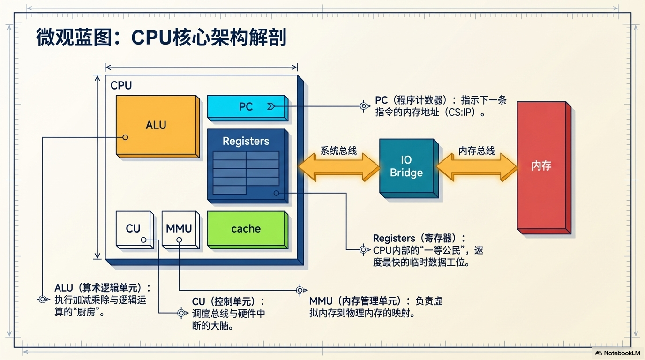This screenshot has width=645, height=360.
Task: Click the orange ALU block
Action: pyautogui.click(x=156, y=126)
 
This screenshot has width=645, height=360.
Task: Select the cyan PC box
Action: pyautogui.click(x=246, y=106)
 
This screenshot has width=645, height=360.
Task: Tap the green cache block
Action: pyautogui.click(x=246, y=229)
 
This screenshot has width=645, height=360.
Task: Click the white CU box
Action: pyautogui.click(x=133, y=228)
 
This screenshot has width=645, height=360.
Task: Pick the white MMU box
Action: pyautogui.click(x=179, y=228)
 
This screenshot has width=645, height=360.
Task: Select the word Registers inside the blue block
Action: pyautogui.click(x=246, y=141)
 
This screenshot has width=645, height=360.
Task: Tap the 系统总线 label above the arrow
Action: pyautogui.click(x=338, y=151)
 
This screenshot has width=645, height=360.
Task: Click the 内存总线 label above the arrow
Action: pyautogui.click(x=476, y=151)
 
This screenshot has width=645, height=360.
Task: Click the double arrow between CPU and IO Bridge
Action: pyautogui.click(x=338, y=168)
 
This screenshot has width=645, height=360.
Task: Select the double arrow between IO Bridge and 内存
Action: pyautogui.click(x=476, y=168)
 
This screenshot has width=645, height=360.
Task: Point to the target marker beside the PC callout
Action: pyautogui.click(x=364, y=106)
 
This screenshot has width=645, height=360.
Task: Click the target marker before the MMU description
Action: pyautogui.click(x=300, y=290)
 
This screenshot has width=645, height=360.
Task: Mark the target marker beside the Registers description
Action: pyautogui.click(x=363, y=250)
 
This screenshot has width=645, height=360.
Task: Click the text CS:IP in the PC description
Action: pyautogui.click(x=464, y=113)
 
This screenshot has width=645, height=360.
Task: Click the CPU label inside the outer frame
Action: pyautogui.click(x=121, y=86)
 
